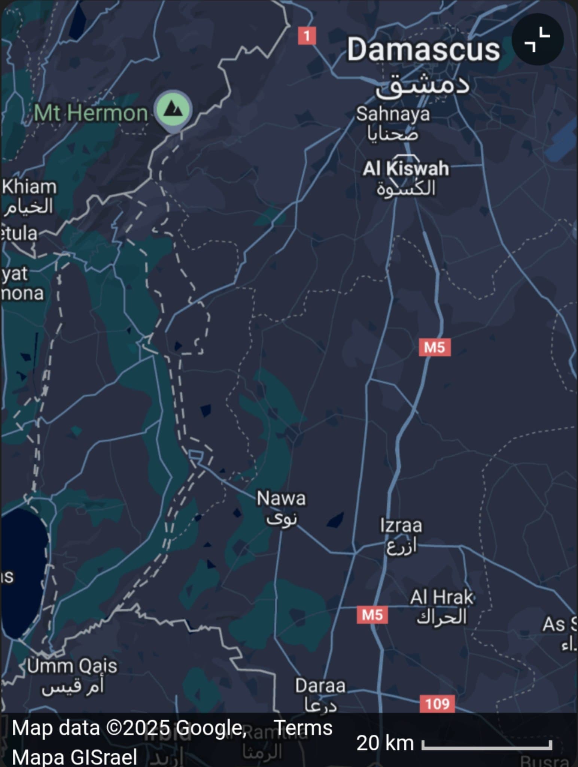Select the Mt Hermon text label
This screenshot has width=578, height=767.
point(91,113)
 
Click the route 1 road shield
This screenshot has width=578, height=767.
point(307,36)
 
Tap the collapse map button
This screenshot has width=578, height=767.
point(537,39)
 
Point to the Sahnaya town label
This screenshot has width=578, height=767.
point(393,114)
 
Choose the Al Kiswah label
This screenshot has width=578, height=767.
point(406,169)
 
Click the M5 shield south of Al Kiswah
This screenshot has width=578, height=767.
point(435,347)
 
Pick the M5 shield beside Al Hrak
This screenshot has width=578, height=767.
point(372,615)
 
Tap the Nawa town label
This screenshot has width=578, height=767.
point(281,499)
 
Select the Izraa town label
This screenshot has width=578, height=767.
point(401,525)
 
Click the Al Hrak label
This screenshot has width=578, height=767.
point(442,597)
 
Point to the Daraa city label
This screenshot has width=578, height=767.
point(320,686)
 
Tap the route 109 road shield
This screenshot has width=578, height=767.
point(437,704)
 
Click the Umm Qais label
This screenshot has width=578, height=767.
point(72,666)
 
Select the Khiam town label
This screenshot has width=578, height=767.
point(30,187)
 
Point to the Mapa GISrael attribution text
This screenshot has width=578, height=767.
point(74,757)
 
